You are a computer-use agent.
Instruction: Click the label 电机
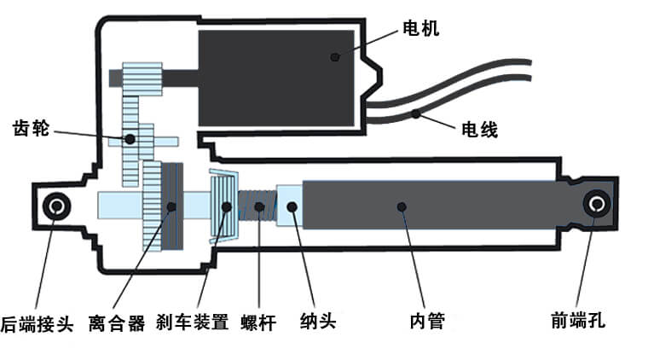pos(420,30)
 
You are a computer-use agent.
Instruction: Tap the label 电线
pos(479,130)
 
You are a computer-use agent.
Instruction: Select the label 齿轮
pos(32,129)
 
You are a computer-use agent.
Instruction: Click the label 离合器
pos(117,323)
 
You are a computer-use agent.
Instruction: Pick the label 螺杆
pos(258,323)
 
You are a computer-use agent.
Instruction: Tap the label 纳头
pos(318,323)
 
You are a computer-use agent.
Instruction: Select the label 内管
pos(427,322)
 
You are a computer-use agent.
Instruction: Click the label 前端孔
pos(578,322)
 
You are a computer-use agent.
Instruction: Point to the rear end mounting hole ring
pos(59,205)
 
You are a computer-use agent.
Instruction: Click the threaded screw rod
pos(257,206)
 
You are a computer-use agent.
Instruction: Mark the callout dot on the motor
pos(335,57)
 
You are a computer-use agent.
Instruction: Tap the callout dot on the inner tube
pos(401,205)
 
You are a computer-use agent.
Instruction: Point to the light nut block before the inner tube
pos(291,206)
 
